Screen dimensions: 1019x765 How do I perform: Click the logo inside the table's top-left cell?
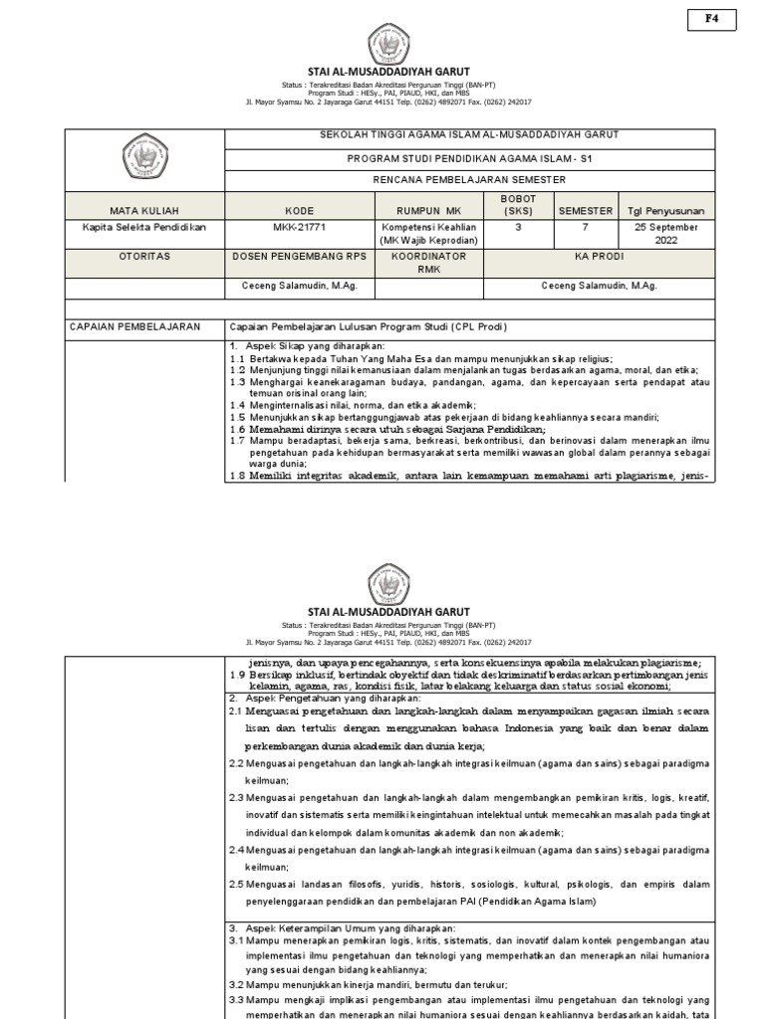[x=146, y=159]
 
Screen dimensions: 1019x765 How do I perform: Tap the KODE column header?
[x=299, y=211]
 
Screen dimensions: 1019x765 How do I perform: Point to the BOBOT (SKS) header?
[x=518, y=205]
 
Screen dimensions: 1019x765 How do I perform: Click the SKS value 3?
[x=518, y=228]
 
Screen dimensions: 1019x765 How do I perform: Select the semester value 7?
[x=586, y=228]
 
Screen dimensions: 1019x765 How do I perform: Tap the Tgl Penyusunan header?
[x=665, y=211]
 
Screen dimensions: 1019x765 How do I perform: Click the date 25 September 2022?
[x=665, y=234]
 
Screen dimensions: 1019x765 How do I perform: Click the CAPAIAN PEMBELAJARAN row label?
[x=134, y=326]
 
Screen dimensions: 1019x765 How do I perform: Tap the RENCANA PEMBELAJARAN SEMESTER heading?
[x=456, y=180]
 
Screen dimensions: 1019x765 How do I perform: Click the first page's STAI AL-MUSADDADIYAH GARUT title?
[x=388, y=72]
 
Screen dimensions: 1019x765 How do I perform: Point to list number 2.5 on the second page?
[x=237, y=884]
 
